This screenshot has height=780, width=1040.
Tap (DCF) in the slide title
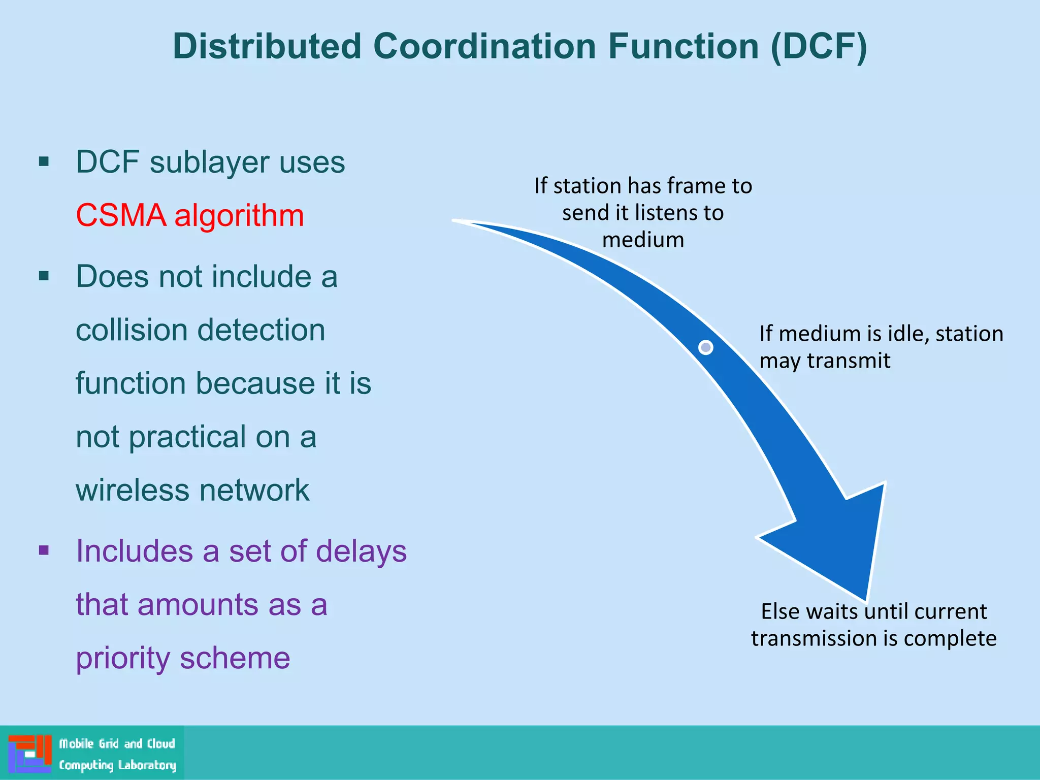[x=819, y=47]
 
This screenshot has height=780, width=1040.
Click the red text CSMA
[x=121, y=215]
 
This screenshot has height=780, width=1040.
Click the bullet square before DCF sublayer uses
[x=44, y=162]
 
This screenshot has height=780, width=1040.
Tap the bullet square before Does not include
[x=44, y=276]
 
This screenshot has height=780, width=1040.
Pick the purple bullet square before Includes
[x=44, y=550]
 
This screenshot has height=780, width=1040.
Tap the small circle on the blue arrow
[x=705, y=347]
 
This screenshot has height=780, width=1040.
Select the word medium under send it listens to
[x=643, y=240]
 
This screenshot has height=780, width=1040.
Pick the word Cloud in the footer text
[x=161, y=744]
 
